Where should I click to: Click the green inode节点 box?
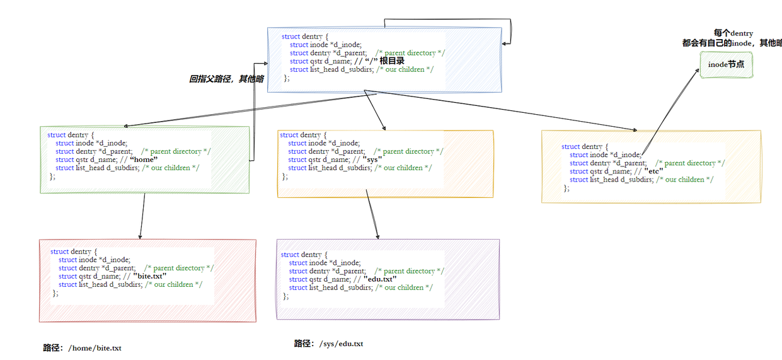tap(727, 65)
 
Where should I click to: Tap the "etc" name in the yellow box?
tap(653, 171)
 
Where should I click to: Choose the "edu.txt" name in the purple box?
tap(380, 279)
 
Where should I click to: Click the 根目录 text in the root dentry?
tap(391, 61)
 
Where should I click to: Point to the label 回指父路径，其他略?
tap(226, 79)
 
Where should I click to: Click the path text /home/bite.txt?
tap(95, 348)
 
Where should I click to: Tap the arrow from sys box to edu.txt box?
tap(373, 218)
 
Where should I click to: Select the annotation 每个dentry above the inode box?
tap(733, 33)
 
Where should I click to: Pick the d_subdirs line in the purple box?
tap(360, 287)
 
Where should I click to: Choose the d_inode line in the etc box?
tap(606, 154)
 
